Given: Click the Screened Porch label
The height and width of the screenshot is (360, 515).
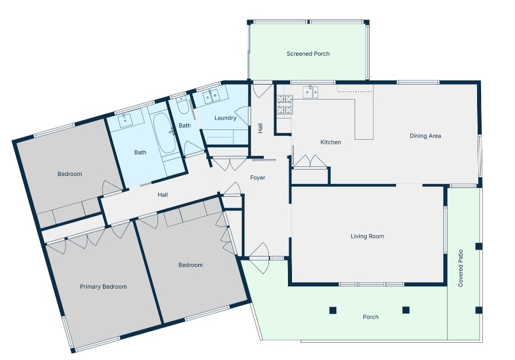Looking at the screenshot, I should (x=308, y=54).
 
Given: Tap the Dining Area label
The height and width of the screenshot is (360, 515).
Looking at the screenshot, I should (x=425, y=136).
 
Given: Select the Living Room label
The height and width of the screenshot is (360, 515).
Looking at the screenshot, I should (x=367, y=236).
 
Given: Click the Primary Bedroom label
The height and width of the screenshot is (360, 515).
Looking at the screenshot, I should (x=103, y=286).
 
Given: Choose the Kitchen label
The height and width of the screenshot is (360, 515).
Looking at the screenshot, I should (x=330, y=142).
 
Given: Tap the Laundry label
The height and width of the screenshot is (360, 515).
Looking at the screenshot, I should (x=225, y=118).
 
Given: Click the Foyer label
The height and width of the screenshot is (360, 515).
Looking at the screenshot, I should (x=257, y=178).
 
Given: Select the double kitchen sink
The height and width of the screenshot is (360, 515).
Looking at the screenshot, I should (x=312, y=91).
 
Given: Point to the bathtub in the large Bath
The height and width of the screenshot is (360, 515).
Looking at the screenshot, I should (x=167, y=133).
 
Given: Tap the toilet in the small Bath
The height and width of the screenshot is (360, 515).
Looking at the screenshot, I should (x=182, y=106).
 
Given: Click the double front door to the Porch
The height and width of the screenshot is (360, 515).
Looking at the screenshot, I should (x=259, y=255).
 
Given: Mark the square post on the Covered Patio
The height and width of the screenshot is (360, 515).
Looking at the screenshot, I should (x=478, y=247).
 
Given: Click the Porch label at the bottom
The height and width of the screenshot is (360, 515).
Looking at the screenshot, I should (x=371, y=317).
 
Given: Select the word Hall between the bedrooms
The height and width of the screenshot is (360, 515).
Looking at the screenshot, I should (x=163, y=195).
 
